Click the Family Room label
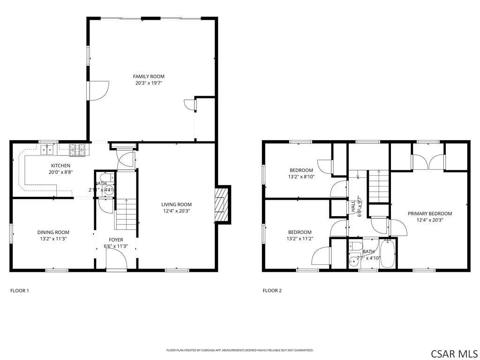(x=149, y=76)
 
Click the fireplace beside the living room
(x=220, y=204)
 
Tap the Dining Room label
(x=53, y=232)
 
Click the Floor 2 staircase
(x=378, y=186)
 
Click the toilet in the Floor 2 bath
(x=356, y=247)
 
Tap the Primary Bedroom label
(x=429, y=214)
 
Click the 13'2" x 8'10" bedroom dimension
(x=301, y=177)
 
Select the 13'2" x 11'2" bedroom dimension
(x=300, y=239)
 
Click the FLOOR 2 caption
(x=272, y=291)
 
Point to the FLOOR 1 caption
(x=20, y=291)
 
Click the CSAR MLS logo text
(x=454, y=353)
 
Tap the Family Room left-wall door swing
(x=99, y=90)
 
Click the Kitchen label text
(x=61, y=165)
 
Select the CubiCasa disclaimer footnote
(x=240, y=350)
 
